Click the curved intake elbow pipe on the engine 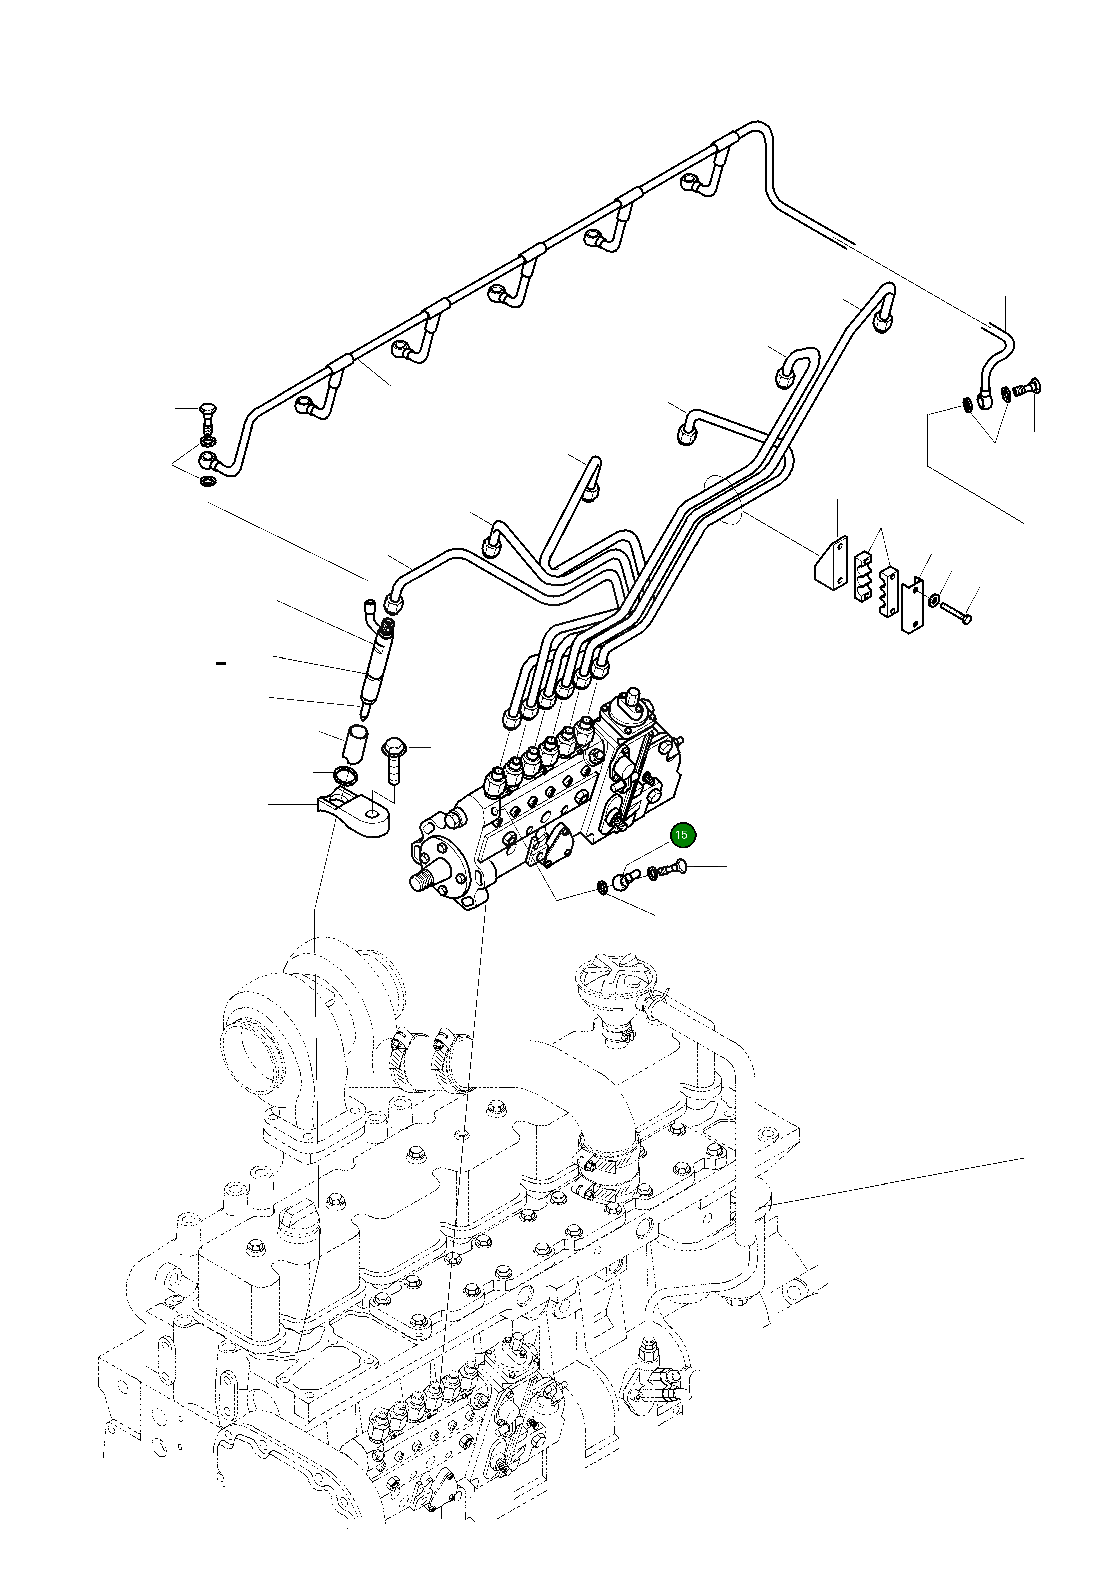[550, 1087]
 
